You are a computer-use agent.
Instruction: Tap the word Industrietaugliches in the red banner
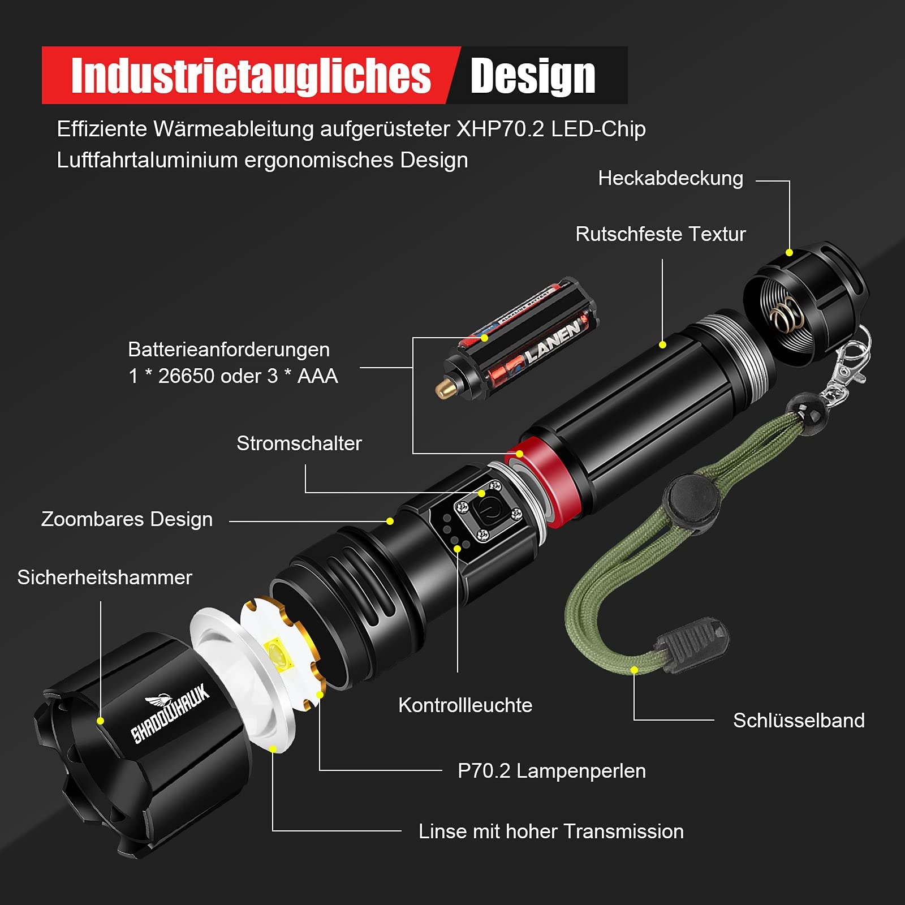251,75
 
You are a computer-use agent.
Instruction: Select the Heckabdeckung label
671,178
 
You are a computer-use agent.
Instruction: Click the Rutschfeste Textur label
661,234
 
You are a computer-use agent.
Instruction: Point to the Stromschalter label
299,443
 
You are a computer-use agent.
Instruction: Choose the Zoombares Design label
127,519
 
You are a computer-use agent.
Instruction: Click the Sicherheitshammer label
105,578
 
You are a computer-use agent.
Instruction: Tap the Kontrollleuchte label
466,705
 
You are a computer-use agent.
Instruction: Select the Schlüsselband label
799,720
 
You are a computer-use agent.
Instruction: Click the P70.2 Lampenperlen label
551,771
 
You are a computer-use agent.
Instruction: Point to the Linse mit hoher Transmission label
551,831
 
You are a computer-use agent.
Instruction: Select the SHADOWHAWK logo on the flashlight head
170,712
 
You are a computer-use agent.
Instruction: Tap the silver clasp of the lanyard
848,362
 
